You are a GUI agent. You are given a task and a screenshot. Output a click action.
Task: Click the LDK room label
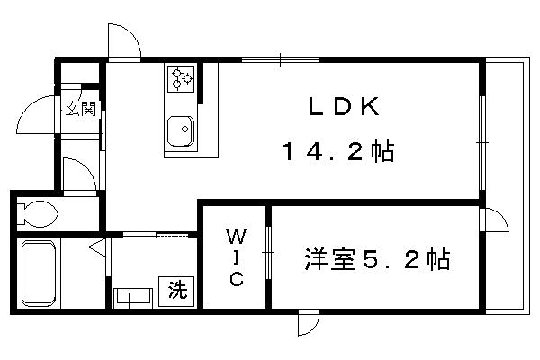point(344,106)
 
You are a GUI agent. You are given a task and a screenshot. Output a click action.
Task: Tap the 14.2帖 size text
point(338,151)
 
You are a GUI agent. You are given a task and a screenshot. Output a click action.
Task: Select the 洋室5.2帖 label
point(377,258)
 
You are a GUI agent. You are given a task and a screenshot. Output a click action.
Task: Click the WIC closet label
point(237,257)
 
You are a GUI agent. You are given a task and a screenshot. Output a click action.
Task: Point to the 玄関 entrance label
point(80,109)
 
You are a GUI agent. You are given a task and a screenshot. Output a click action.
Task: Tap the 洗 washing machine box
point(176,291)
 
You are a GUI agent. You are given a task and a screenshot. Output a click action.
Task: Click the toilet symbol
point(37,213)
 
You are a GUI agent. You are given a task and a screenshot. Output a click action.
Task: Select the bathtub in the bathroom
point(39,274)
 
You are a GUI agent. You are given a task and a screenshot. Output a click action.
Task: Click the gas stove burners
point(181,79)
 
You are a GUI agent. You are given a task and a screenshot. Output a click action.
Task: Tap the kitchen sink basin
point(181,131)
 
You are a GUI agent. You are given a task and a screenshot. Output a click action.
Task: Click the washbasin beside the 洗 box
point(133,297)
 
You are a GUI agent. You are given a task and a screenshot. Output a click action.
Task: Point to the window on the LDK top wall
point(280,60)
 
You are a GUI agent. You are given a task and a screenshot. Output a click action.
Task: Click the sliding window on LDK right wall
point(482,142)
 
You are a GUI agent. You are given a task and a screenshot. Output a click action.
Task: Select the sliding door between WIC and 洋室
point(268,253)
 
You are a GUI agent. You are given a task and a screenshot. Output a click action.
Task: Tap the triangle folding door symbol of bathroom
point(97,247)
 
